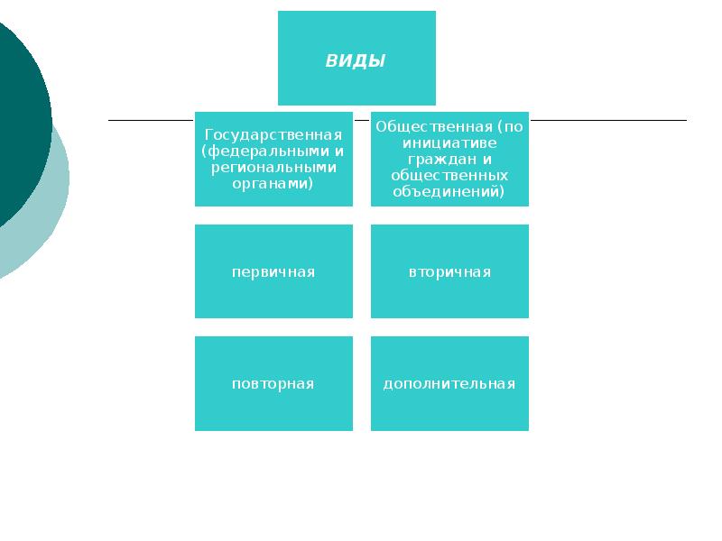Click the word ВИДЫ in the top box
coord(356,61)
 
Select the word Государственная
coord(273,134)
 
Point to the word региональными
coord(273,167)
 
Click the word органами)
coord(273,183)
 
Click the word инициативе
coord(449,142)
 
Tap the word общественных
coord(449,175)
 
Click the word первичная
coord(273,271)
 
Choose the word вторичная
coord(449,271)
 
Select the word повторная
coord(273,384)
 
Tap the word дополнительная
coord(449,384)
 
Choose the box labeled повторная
coord(273,406)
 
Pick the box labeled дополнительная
coord(449,406)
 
